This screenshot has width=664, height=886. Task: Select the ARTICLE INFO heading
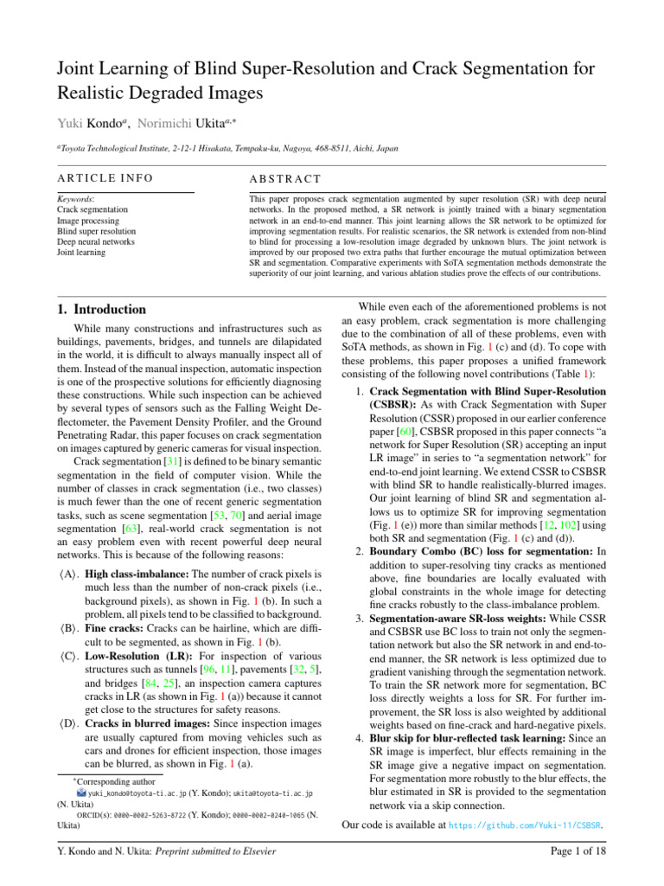tap(105, 178)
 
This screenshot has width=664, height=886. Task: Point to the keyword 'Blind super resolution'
tap(96, 231)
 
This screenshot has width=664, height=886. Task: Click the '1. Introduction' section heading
tap(101, 309)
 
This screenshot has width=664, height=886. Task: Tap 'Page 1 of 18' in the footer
tap(578, 851)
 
